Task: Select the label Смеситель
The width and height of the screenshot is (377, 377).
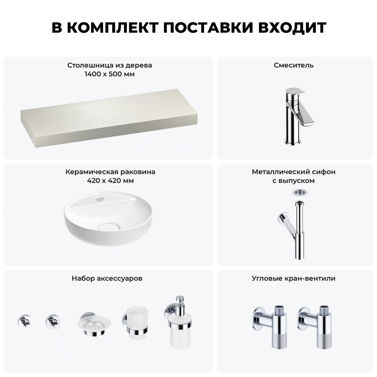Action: coord(294,65)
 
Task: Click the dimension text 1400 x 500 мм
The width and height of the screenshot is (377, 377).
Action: coord(110,74)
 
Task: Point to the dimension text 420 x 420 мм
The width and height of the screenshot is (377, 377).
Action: coord(110,181)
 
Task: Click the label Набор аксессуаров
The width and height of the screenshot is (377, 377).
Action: coord(107,278)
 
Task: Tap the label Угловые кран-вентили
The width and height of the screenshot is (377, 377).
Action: coord(294,278)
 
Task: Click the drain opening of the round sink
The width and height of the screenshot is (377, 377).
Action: coord(107,227)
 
